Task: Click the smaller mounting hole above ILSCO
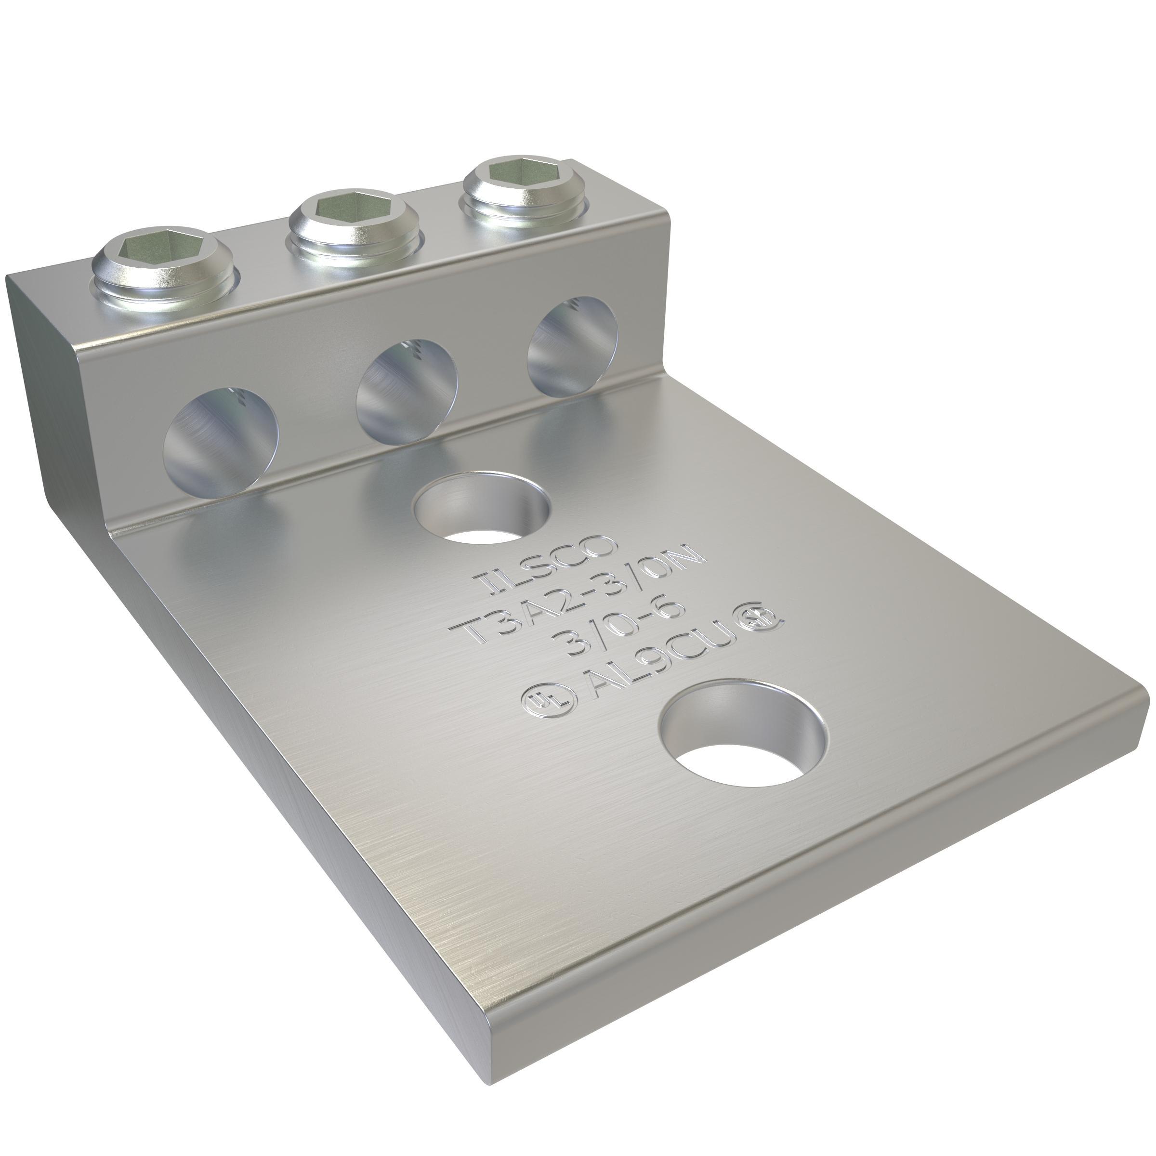482,507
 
